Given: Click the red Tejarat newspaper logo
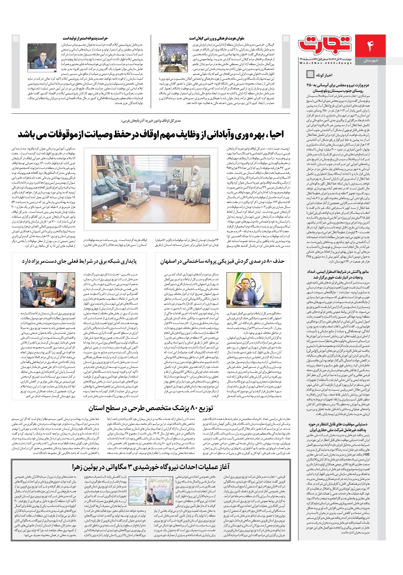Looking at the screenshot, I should tap(325, 45).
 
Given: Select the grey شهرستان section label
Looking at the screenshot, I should tap(370, 61).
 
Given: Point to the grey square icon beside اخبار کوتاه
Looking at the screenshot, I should tap(310, 74).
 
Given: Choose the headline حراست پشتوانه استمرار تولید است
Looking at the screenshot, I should tap(85, 38).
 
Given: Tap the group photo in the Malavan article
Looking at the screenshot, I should tap(173, 58).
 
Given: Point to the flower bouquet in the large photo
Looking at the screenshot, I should tap(176, 174).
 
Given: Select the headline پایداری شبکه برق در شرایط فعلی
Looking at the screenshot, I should tap(79, 261).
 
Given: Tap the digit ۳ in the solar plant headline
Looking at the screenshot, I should tap(130, 467).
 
